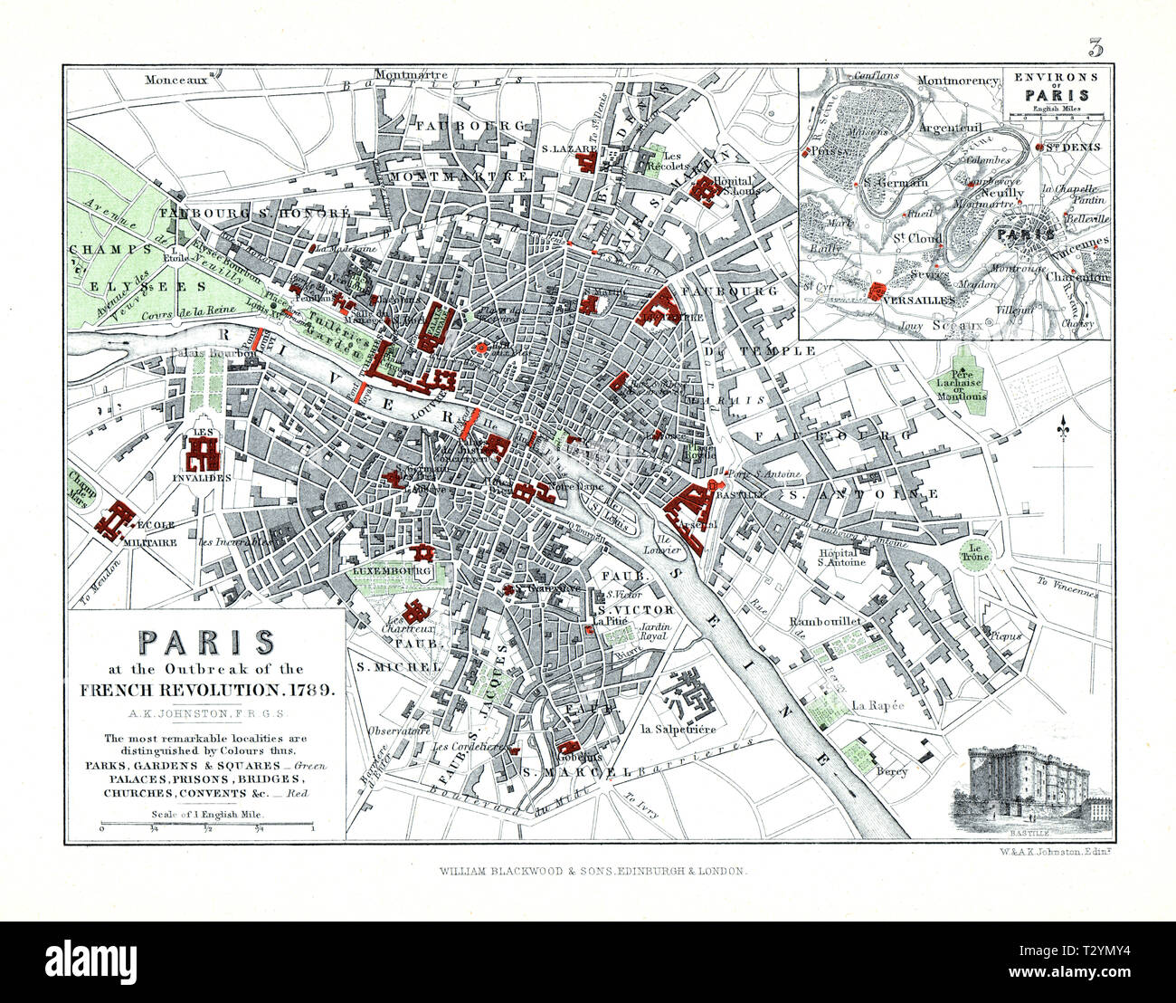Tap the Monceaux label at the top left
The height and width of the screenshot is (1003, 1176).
click(175, 79)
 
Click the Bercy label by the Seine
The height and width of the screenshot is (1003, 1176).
click(892, 771)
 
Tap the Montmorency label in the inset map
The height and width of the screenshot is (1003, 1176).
click(958, 81)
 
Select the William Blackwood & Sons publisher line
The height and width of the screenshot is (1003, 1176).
click(593, 870)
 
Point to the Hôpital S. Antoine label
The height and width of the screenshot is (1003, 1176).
click(841, 556)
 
